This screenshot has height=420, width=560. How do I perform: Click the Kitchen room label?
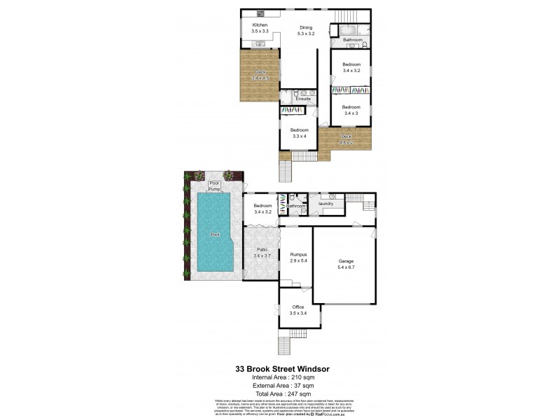[260, 25]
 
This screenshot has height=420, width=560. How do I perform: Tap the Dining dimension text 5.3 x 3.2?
[307, 34]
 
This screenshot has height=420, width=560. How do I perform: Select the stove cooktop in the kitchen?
[259, 13]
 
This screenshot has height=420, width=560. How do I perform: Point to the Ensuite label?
[303, 99]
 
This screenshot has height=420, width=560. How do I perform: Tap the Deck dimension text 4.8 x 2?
[346, 143]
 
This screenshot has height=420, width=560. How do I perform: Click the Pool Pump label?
[214, 186]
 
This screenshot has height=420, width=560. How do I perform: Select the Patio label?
[260, 250]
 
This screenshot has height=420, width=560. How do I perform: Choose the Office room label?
[298, 307]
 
